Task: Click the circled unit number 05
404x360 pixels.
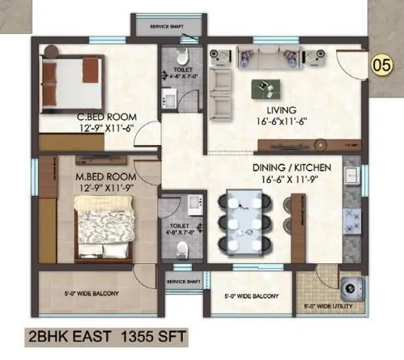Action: coord(377,62)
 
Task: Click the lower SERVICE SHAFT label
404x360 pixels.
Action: coord(183,282)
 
